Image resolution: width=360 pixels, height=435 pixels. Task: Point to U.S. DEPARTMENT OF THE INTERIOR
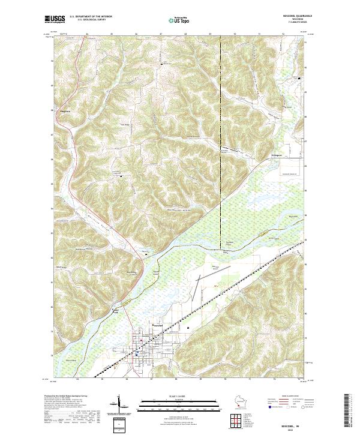pos(91,16)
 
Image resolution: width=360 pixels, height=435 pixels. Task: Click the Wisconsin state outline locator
pos(240,402)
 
